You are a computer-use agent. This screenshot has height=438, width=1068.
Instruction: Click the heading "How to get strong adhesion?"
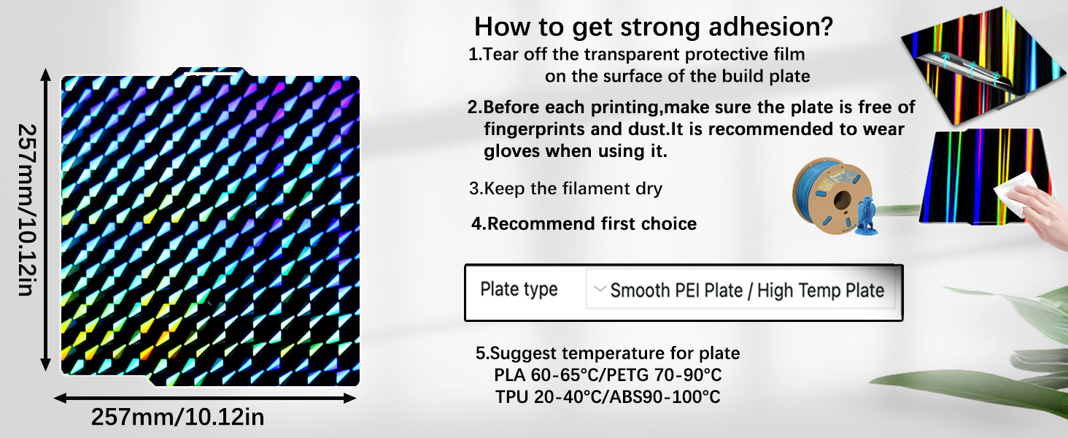pos(653,27)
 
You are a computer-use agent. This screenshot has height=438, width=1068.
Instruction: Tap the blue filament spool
pos(827,196)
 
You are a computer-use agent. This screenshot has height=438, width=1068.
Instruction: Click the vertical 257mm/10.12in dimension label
pos(27,210)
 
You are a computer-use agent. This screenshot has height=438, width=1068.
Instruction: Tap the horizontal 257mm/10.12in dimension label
pos(177,417)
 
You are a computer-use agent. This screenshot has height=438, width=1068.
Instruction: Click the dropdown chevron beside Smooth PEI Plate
pos(600,288)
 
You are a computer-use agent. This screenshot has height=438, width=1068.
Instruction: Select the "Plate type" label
pos(519,289)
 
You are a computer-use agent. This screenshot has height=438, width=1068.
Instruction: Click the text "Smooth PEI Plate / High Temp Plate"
pos(747,290)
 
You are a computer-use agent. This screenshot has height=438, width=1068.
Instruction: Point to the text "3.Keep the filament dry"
pos(565,188)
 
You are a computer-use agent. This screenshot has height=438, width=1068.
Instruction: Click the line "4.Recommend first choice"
pos(584,223)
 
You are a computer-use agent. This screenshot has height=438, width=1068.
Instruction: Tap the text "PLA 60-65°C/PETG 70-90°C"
pos(608,375)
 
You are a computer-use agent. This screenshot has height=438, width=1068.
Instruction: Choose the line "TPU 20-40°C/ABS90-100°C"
pos(608,397)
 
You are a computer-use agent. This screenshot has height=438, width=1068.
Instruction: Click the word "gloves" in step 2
pos(511,151)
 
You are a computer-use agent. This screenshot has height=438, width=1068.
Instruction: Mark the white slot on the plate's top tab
pos(211,74)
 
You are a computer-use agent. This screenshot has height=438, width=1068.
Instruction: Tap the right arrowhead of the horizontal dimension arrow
pos(350,399)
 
